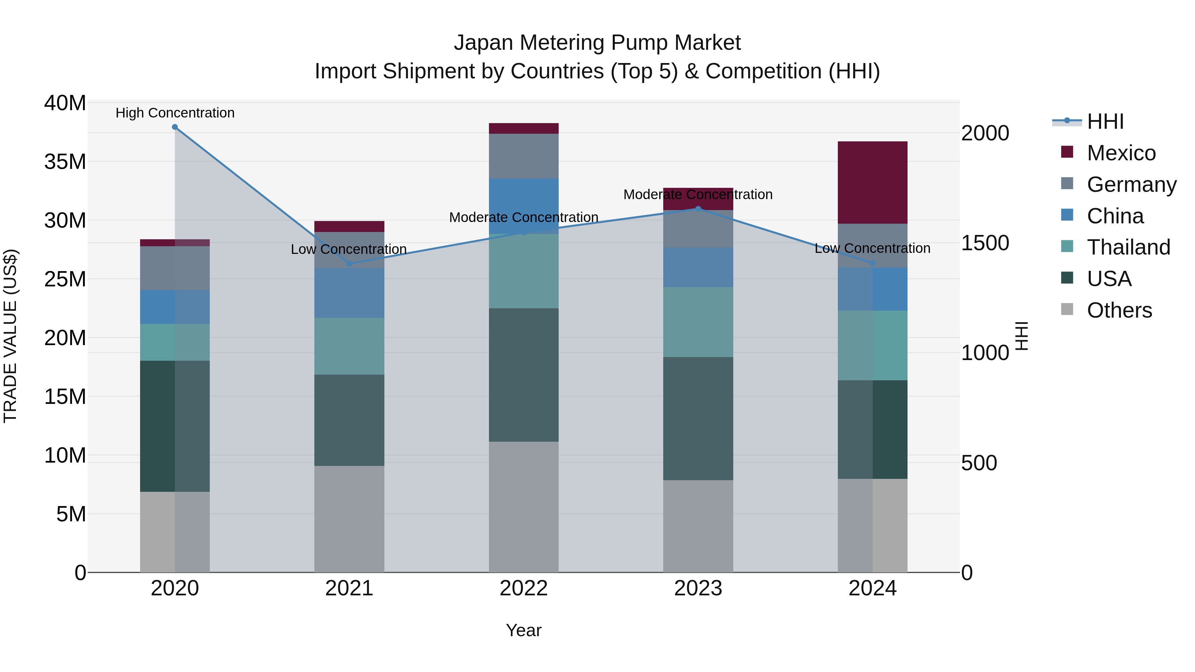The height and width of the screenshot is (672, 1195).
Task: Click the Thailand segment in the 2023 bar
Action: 698,322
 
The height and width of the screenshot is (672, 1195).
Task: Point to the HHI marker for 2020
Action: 175,127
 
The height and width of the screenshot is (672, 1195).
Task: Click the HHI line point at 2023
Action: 698,209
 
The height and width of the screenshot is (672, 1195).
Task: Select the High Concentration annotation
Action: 175,113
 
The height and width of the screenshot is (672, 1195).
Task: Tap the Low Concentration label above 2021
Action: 349,249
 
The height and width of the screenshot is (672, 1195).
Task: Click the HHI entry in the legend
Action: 1105,121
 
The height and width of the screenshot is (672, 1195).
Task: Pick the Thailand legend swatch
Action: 1067,246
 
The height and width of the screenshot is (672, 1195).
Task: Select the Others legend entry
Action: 1119,310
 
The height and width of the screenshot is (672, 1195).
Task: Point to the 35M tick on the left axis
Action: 65,162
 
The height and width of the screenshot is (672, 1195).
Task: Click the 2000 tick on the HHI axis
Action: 985,133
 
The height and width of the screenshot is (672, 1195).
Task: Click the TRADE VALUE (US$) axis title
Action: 10,336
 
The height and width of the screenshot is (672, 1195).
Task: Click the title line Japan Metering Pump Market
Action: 597,43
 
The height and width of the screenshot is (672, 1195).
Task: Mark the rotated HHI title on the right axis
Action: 1021,336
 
